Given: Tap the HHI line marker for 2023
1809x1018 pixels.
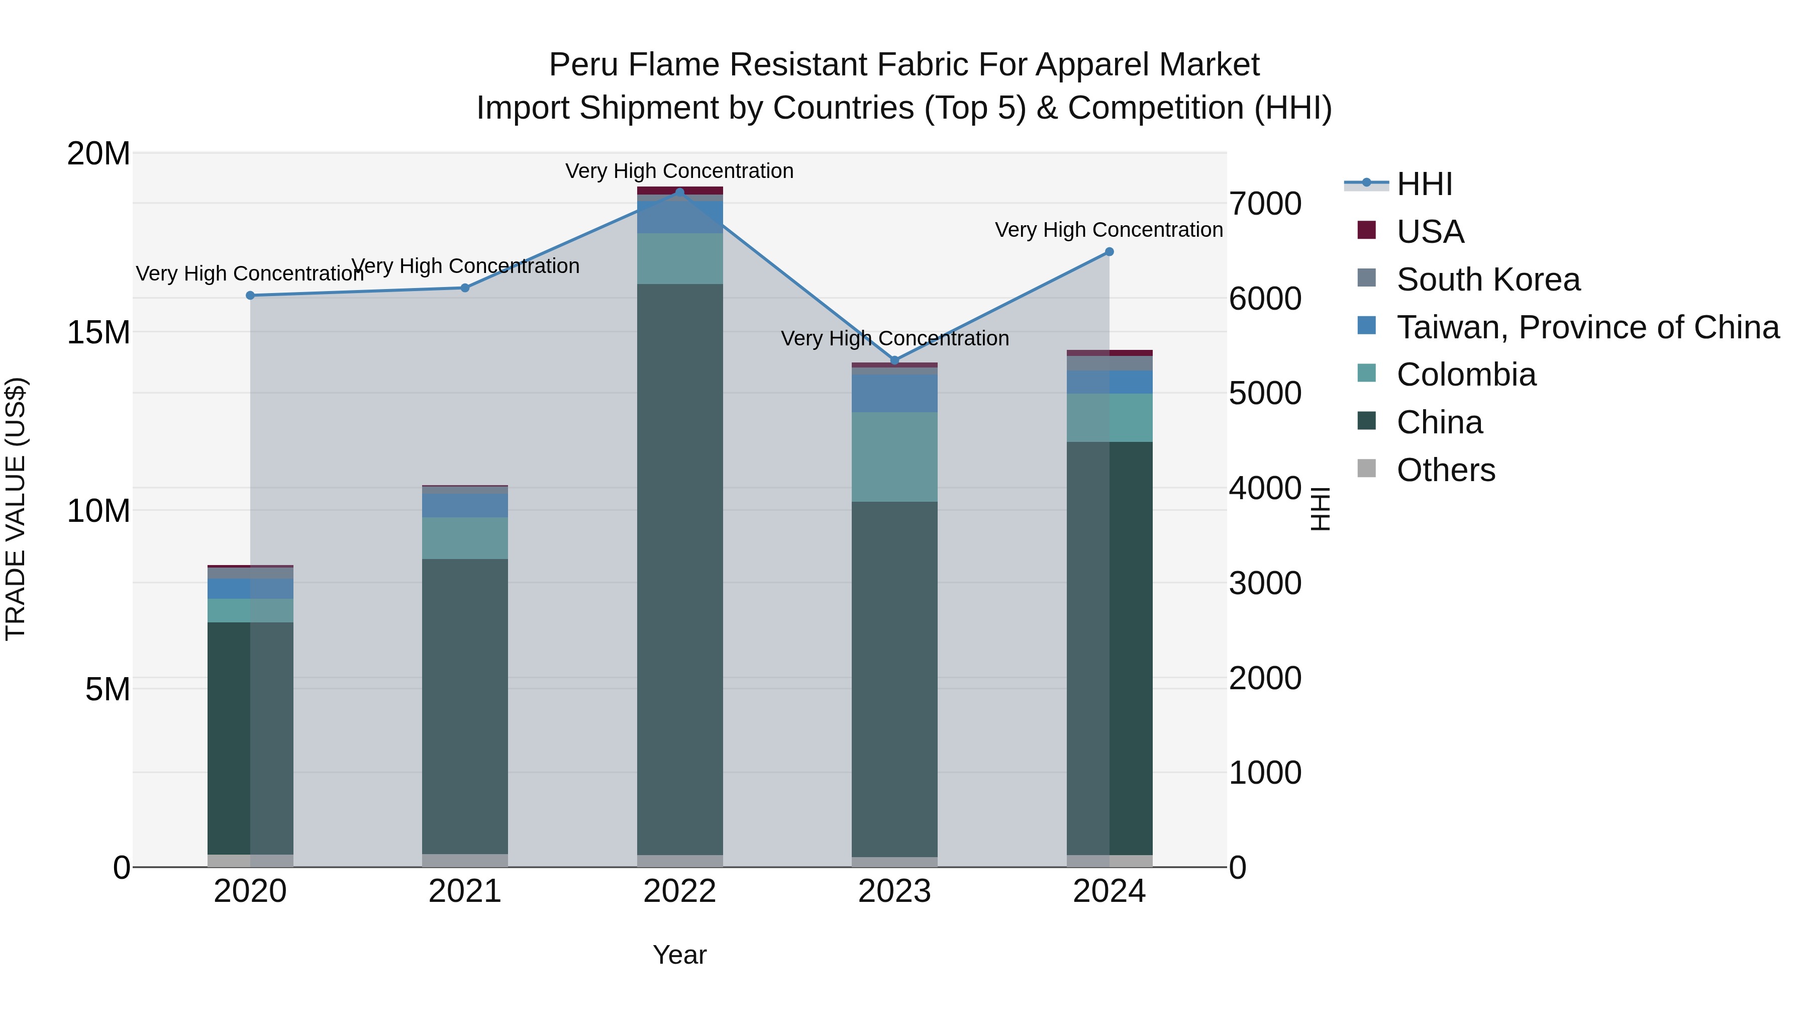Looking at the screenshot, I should click(x=894, y=360).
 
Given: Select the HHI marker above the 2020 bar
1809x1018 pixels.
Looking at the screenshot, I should click(x=250, y=295).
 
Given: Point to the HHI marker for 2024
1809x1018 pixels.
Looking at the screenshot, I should click(x=1109, y=251).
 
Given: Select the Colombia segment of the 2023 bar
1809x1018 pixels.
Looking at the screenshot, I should click(x=894, y=456).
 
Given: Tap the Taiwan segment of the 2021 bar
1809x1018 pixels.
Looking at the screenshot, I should click(x=464, y=505).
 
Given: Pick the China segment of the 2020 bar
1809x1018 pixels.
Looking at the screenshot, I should click(x=250, y=737).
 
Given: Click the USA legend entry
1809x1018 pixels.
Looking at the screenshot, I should click(x=1430, y=232).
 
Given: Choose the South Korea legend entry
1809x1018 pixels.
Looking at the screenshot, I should click(x=1487, y=280).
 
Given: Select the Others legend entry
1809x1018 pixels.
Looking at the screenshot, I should click(x=1445, y=470).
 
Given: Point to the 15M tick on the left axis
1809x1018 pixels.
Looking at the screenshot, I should click(x=98, y=332).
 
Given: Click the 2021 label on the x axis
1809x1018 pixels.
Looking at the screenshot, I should click(x=464, y=891).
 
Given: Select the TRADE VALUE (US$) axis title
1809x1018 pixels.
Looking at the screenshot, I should click(x=16, y=509).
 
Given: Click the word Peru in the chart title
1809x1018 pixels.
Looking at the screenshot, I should click(x=583, y=65).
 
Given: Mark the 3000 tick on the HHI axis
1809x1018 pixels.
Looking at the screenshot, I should click(x=1265, y=583).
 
